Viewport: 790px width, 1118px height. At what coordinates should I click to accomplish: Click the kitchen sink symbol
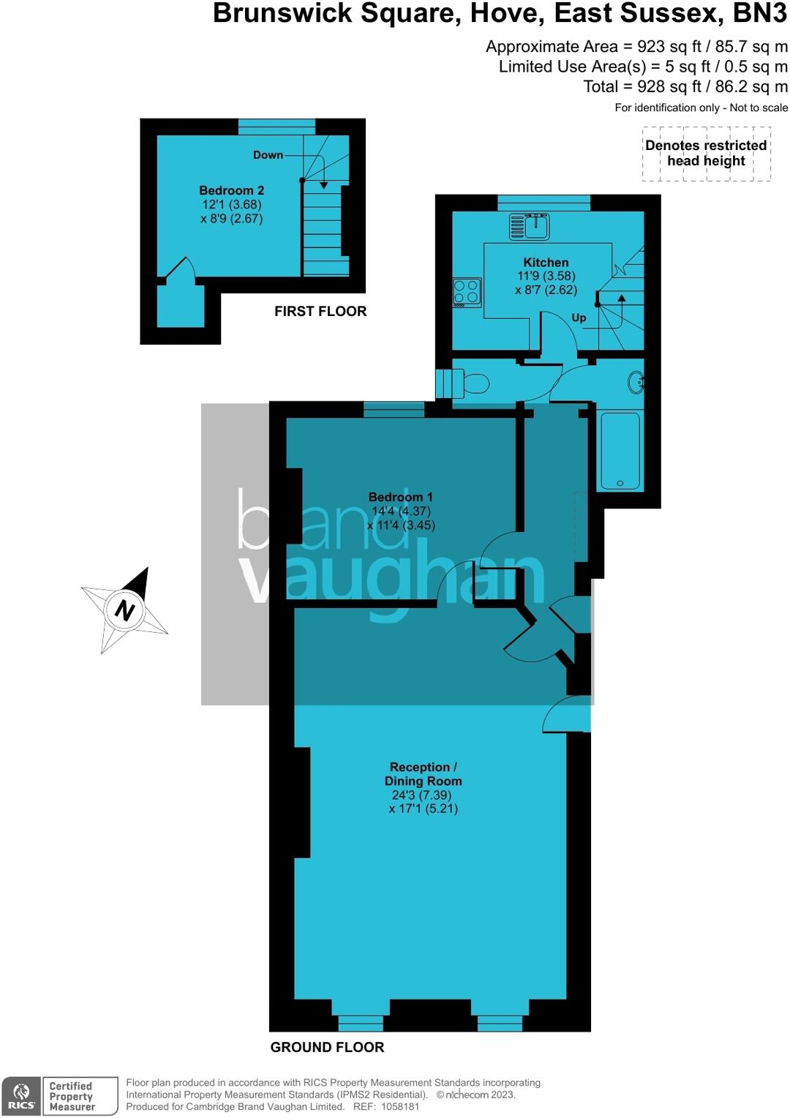pyautogui.click(x=530, y=226)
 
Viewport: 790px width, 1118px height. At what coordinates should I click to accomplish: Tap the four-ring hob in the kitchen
pyautogui.click(x=467, y=292)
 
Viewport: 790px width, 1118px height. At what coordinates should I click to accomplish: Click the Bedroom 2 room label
pyautogui.click(x=231, y=190)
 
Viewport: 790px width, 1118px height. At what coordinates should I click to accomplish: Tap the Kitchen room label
pyautogui.click(x=546, y=263)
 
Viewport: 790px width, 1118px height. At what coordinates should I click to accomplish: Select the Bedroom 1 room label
pyautogui.click(x=400, y=498)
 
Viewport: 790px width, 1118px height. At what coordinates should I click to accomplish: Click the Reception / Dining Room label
pyautogui.click(x=423, y=774)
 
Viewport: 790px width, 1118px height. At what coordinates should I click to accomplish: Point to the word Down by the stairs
pyautogui.click(x=268, y=155)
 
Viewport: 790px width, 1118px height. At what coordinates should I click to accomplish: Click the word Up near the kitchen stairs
pyautogui.click(x=579, y=318)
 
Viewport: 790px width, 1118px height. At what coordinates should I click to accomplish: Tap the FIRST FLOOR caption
pyautogui.click(x=320, y=311)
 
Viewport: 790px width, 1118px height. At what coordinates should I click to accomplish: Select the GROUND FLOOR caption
pyautogui.click(x=327, y=1047)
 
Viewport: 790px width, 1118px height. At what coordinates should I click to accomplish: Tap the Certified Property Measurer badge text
pyautogui.click(x=72, y=1096)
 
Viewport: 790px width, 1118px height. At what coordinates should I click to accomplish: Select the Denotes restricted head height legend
pyautogui.click(x=706, y=153)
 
